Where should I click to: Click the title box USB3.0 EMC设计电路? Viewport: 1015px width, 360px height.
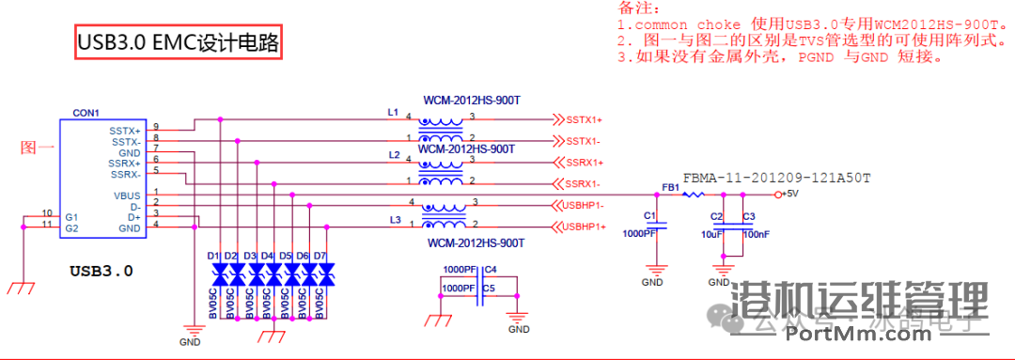click(178, 43)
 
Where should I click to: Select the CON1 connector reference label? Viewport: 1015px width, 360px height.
click(86, 113)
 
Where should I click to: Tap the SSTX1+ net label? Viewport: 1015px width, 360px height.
click(583, 120)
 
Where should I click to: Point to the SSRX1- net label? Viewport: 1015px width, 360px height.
click(583, 183)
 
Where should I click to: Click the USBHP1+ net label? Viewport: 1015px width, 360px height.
click(585, 227)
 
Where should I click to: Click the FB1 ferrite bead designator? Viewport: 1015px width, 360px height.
click(670, 187)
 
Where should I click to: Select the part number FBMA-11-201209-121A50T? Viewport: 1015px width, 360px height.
click(776, 177)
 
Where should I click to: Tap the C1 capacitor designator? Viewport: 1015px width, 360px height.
click(649, 215)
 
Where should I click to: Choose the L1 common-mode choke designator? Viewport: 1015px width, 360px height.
click(393, 112)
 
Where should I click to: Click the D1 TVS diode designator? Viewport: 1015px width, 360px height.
click(213, 256)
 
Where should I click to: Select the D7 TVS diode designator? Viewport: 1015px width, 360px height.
click(320, 256)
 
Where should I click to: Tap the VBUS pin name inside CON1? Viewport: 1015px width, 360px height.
click(127, 195)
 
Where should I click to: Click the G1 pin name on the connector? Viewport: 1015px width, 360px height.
click(70, 216)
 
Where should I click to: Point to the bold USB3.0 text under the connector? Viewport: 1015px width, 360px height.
click(101, 271)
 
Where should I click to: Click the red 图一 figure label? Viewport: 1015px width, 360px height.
click(38, 148)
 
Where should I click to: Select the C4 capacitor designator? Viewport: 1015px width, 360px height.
click(491, 270)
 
